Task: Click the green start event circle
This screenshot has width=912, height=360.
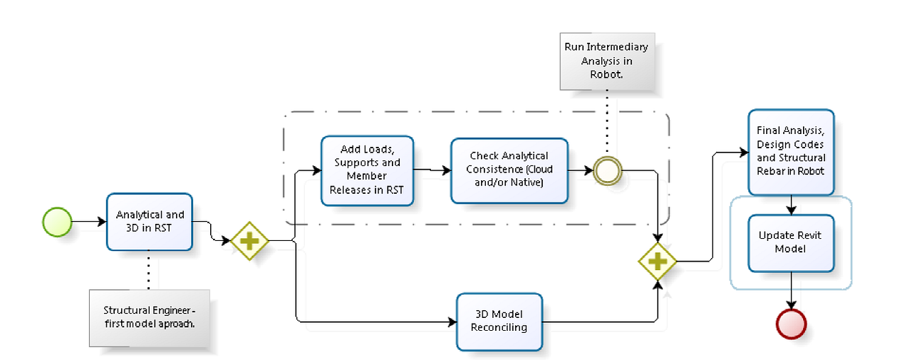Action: (57, 222)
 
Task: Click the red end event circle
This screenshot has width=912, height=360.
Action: (791, 324)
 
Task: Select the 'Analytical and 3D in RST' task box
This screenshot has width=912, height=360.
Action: (150, 222)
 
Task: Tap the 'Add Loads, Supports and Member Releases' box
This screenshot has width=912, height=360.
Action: (367, 170)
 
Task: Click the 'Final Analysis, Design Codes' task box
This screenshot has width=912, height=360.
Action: (791, 152)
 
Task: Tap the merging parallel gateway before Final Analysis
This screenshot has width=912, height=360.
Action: (657, 262)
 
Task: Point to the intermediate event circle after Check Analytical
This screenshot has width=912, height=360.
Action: (607, 171)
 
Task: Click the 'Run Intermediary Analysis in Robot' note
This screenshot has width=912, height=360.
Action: (606, 65)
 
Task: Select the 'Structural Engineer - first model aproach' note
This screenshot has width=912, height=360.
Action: (150, 317)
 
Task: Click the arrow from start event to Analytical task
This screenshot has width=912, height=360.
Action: (89, 222)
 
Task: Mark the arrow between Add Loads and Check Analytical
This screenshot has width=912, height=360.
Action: (432, 170)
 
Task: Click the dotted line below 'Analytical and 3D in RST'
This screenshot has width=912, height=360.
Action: (150, 271)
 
